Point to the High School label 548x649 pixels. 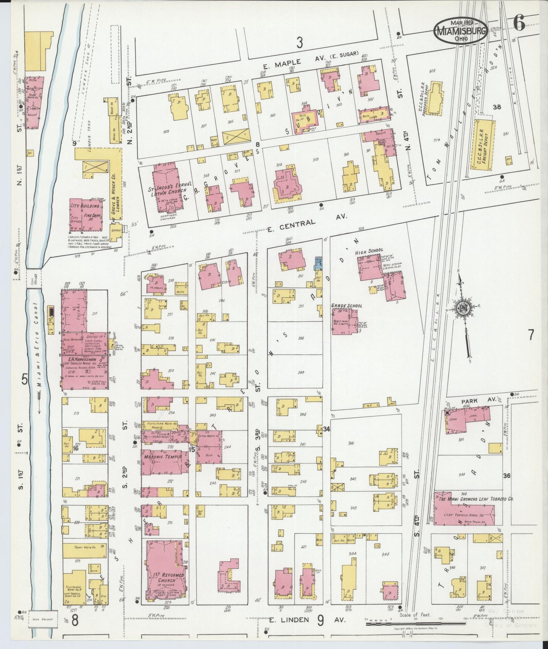tap(369, 250)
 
